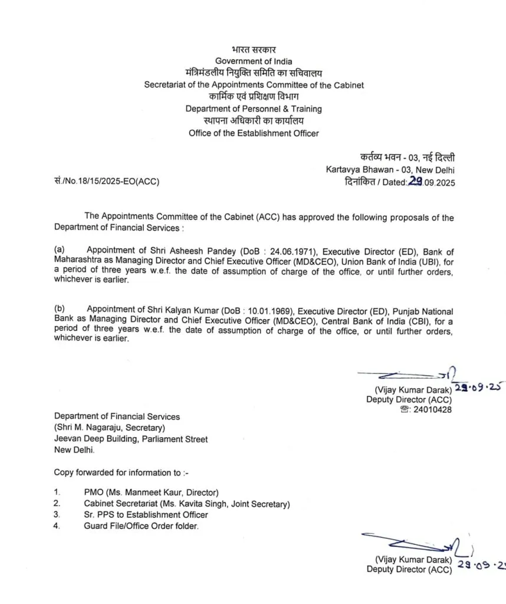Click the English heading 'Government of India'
coord(253,61)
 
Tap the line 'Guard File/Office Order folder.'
coord(142,526)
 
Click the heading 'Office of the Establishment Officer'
coord(254,133)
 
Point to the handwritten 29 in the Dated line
coord(415,182)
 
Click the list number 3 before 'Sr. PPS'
coord(57,515)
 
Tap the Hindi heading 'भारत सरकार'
coord(254,50)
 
